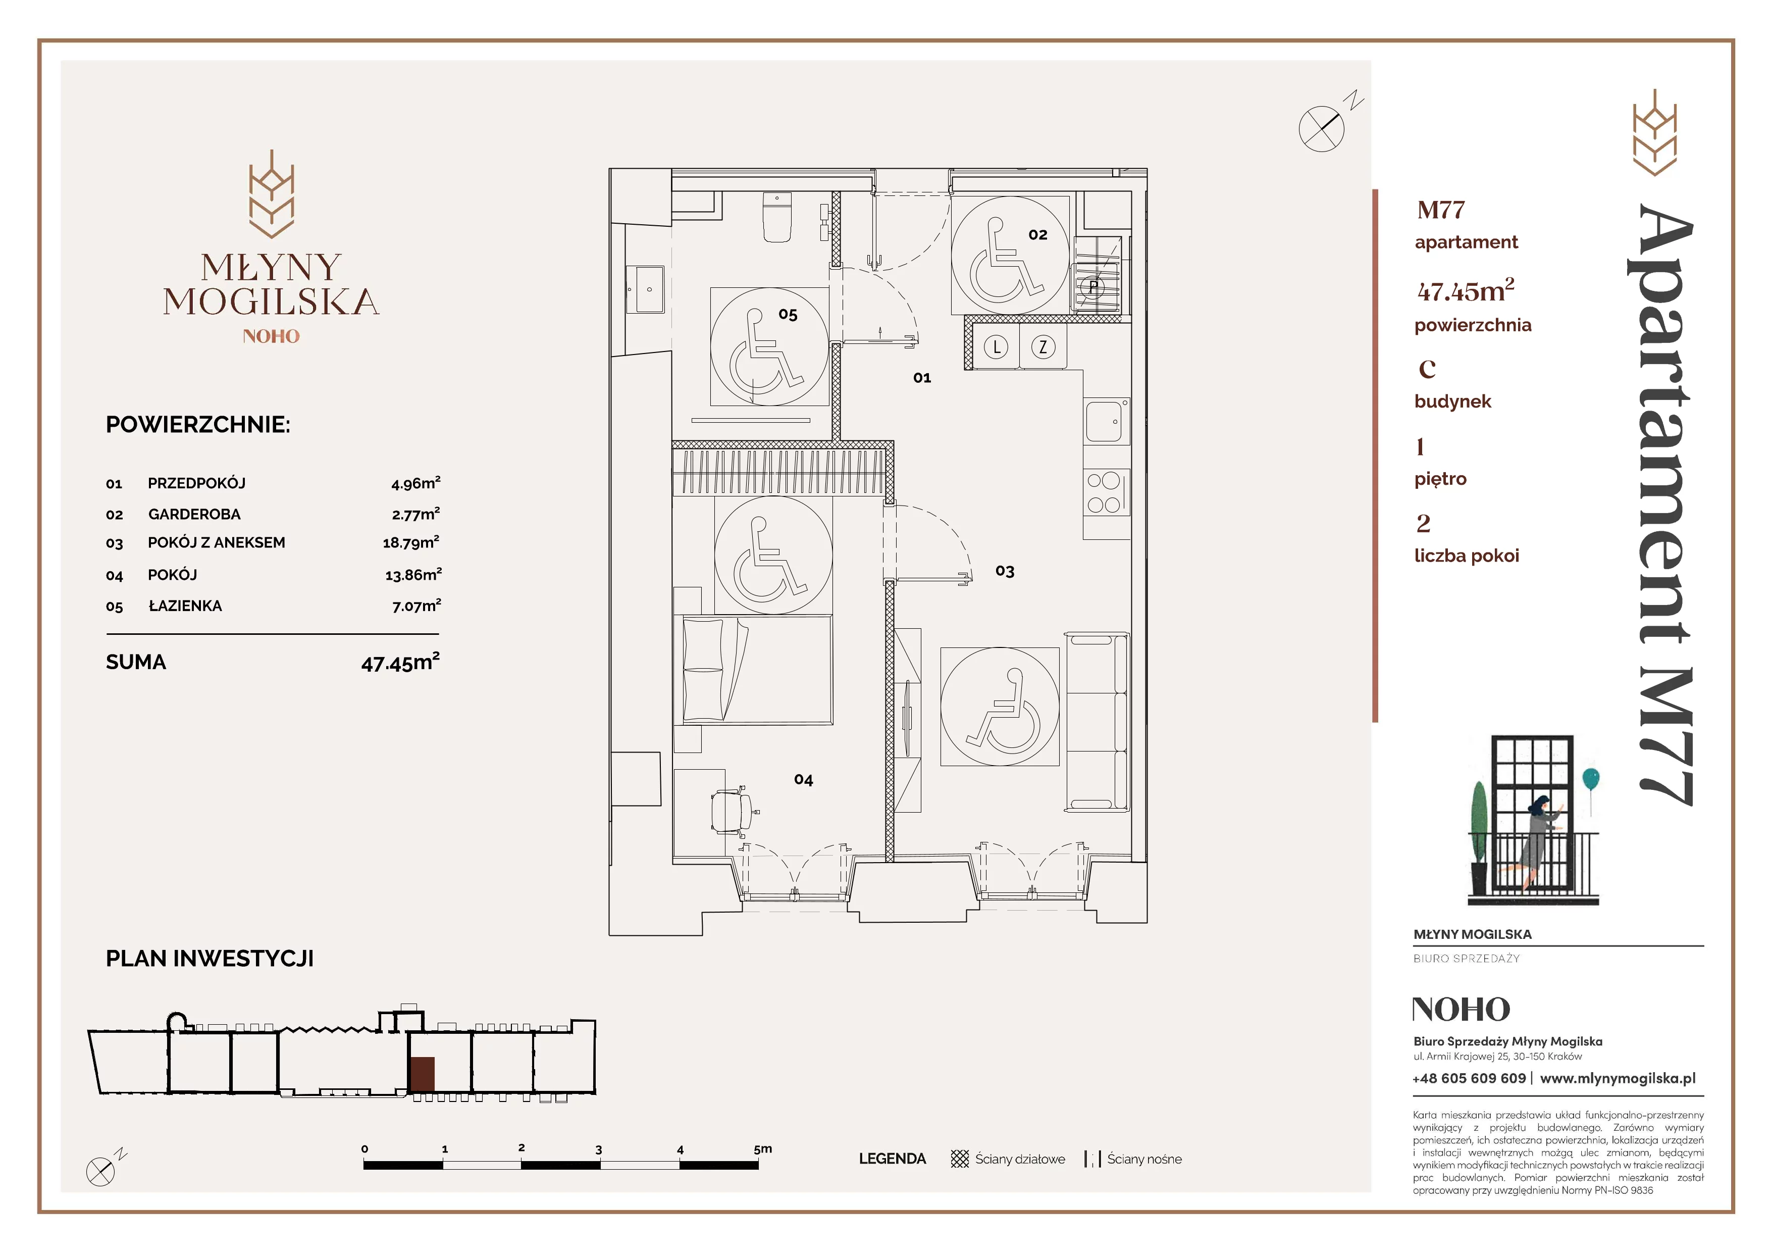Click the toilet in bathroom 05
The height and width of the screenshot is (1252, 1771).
(x=777, y=218)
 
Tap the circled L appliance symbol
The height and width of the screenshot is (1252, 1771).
(x=997, y=347)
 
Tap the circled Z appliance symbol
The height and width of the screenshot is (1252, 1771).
(x=1043, y=347)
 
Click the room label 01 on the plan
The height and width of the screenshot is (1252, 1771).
(x=922, y=378)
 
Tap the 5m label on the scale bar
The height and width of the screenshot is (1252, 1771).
(x=762, y=1148)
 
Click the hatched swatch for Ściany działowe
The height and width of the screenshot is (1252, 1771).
(x=960, y=1159)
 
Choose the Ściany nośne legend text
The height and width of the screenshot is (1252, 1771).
(x=1144, y=1159)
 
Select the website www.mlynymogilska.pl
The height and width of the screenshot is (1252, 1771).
(x=1618, y=1078)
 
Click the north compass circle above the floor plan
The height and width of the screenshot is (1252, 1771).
(x=1321, y=128)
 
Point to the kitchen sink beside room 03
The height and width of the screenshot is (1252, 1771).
(x=1107, y=421)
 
